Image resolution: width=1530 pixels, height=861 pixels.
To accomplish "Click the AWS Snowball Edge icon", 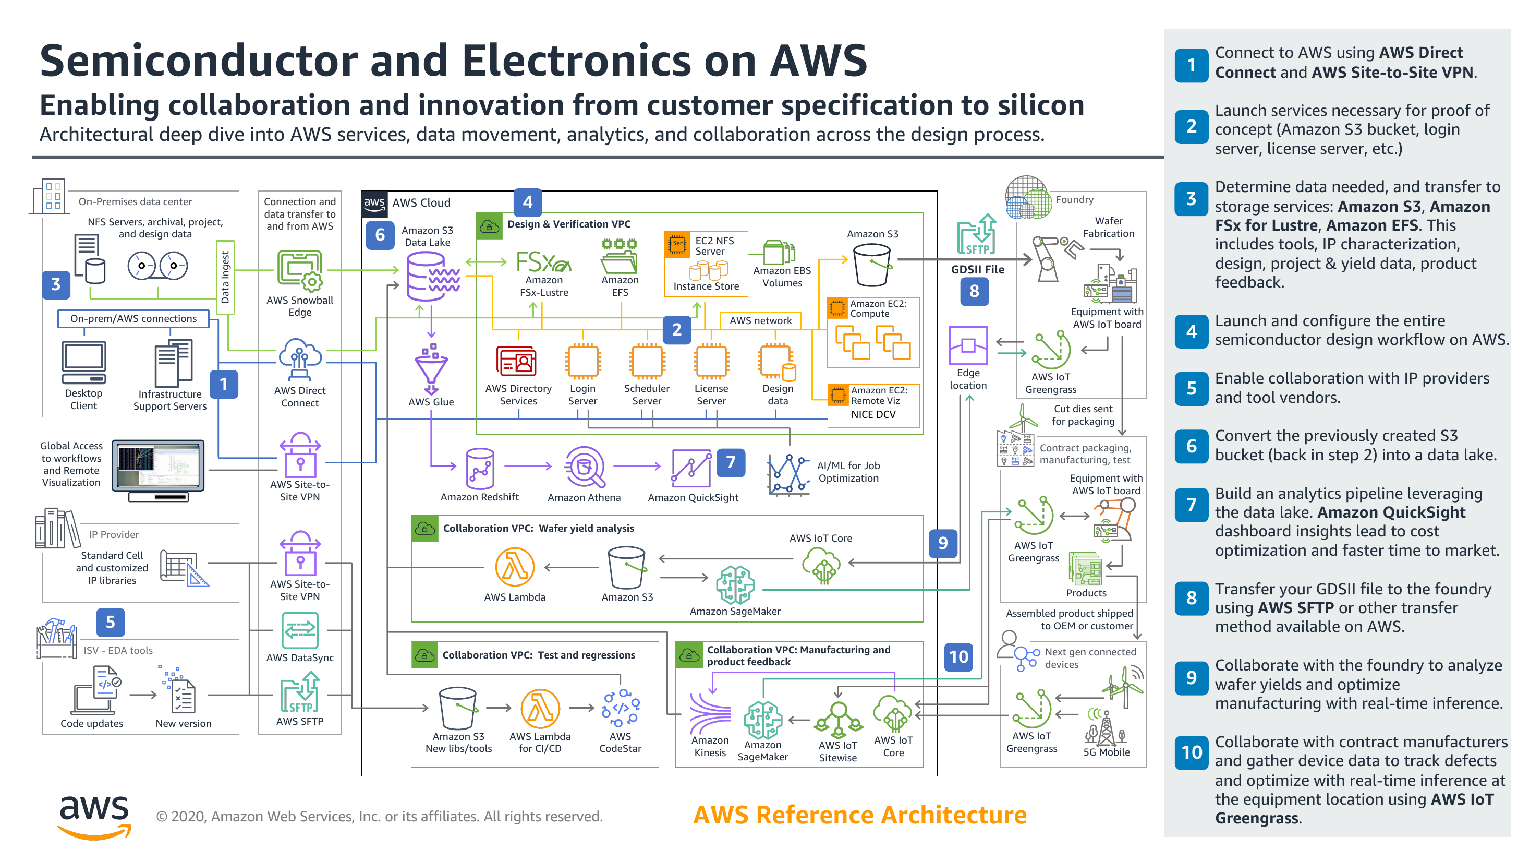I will (x=300, y=270).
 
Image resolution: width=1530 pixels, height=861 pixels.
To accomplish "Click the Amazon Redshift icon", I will (x=480, y=468).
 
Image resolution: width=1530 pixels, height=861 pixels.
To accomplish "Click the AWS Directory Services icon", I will (x=517, y=362).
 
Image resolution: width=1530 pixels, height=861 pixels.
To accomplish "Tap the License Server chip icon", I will (x=711, y=362).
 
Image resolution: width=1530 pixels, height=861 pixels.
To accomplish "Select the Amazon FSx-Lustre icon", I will (x=543, y=261).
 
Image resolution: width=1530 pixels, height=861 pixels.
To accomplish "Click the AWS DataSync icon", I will (x=300, y=630).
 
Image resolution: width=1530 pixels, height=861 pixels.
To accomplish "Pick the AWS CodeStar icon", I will (x=620, y=708).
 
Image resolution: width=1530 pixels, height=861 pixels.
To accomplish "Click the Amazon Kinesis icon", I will (x=710, y=713).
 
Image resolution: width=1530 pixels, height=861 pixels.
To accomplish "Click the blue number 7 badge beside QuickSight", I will (x=731, y=462).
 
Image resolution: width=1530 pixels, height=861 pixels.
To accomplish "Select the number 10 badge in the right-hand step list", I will (x=1192, y=752).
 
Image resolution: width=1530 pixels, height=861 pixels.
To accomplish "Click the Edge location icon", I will (x=968, y=345).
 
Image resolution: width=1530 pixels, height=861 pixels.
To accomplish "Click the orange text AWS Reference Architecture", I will (x=860, y=815).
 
